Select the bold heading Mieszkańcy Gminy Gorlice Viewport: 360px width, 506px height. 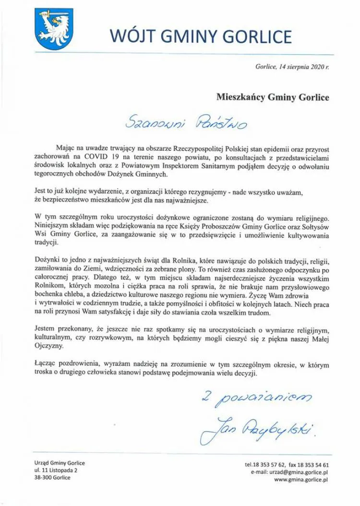(273, 97)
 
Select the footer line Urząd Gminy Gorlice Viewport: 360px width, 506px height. (60, 463)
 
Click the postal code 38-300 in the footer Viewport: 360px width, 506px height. (43, 477)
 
